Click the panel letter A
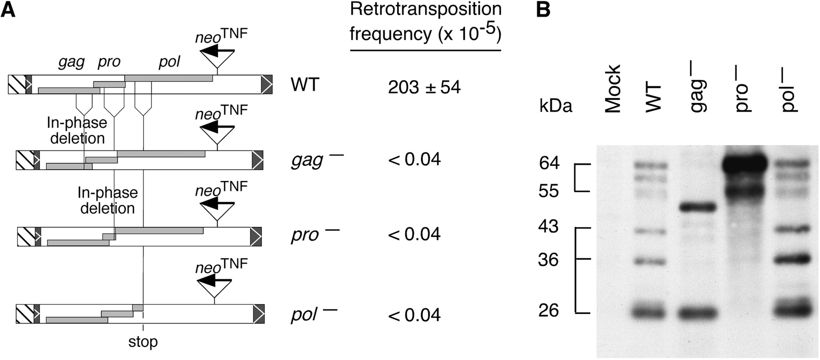(8, 9)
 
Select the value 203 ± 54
(424, 87)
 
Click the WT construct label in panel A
(305, 85)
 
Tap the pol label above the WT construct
(169, 62)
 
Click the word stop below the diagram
(143, 342)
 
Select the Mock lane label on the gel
(613, 88)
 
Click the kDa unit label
(556, 106)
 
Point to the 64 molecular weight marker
(549, 164)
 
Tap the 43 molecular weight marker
(549, 226)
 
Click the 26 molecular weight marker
(549, 310)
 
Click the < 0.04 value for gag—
(414, 159)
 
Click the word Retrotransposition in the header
(425, 9)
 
